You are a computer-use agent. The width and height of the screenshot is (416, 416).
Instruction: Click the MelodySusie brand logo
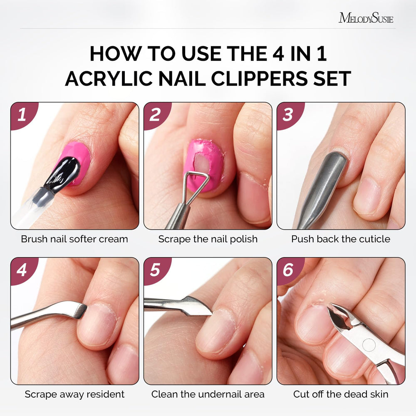(366, 18)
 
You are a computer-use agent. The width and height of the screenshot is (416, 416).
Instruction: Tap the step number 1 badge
(22, 115)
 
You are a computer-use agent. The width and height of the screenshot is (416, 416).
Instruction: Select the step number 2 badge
(156, 115)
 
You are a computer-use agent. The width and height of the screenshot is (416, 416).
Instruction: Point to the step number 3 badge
(289, 115)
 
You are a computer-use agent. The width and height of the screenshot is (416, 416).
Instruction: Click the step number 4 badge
(22, 270)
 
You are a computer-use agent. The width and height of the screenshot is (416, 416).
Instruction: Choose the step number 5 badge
(156, 270)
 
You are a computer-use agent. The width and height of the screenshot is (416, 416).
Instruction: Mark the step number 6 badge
(289, 270)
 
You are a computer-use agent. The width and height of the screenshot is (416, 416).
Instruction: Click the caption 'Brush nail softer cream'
(74, 239)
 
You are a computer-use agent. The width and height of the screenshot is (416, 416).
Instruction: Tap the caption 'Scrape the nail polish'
(208, 239)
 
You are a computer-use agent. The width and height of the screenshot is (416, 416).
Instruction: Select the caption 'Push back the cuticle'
(341, 239)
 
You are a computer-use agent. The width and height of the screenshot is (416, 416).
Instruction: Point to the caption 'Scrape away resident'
(74, 394)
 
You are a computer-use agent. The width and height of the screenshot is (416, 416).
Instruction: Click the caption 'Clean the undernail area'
(208, 394)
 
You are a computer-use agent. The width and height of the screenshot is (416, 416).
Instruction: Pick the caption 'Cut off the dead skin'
(341, 394)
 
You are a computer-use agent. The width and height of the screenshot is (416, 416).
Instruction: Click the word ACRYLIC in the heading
(109, 79)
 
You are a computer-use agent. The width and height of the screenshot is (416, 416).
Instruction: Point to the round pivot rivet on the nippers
(369, 345)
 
